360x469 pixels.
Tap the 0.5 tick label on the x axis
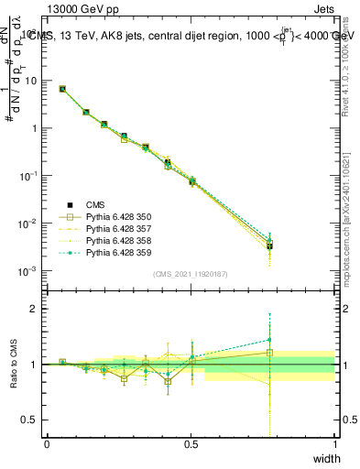191,444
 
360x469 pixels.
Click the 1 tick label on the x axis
334,444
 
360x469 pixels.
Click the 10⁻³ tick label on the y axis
29,271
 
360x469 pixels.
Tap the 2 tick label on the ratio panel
35,309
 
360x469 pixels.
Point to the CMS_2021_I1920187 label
190,274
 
